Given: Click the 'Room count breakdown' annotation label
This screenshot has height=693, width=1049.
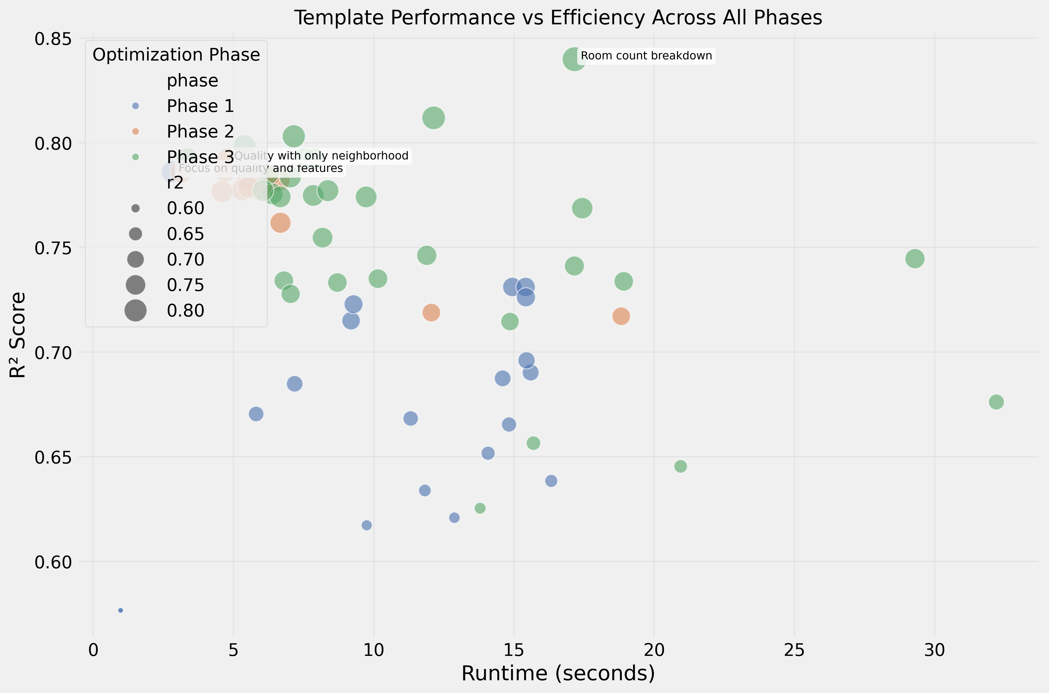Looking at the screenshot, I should click(646, 56).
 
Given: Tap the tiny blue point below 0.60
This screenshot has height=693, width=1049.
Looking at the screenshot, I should click(121, 610).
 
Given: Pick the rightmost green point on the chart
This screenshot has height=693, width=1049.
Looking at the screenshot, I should click(996, 402).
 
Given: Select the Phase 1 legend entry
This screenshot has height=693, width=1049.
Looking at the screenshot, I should click(200, 106).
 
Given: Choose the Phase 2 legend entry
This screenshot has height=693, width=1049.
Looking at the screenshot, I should click(200, 132).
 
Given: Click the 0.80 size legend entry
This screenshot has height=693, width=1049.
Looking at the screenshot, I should click(185, 311).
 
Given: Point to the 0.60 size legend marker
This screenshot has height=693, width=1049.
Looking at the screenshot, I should click(136, 208).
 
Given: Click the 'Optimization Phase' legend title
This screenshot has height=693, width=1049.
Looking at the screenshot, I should click(176, 55).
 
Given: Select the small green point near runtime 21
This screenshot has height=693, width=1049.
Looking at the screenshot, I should click(681, 466).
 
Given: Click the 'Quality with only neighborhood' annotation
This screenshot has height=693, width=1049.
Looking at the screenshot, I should click(321, 156).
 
